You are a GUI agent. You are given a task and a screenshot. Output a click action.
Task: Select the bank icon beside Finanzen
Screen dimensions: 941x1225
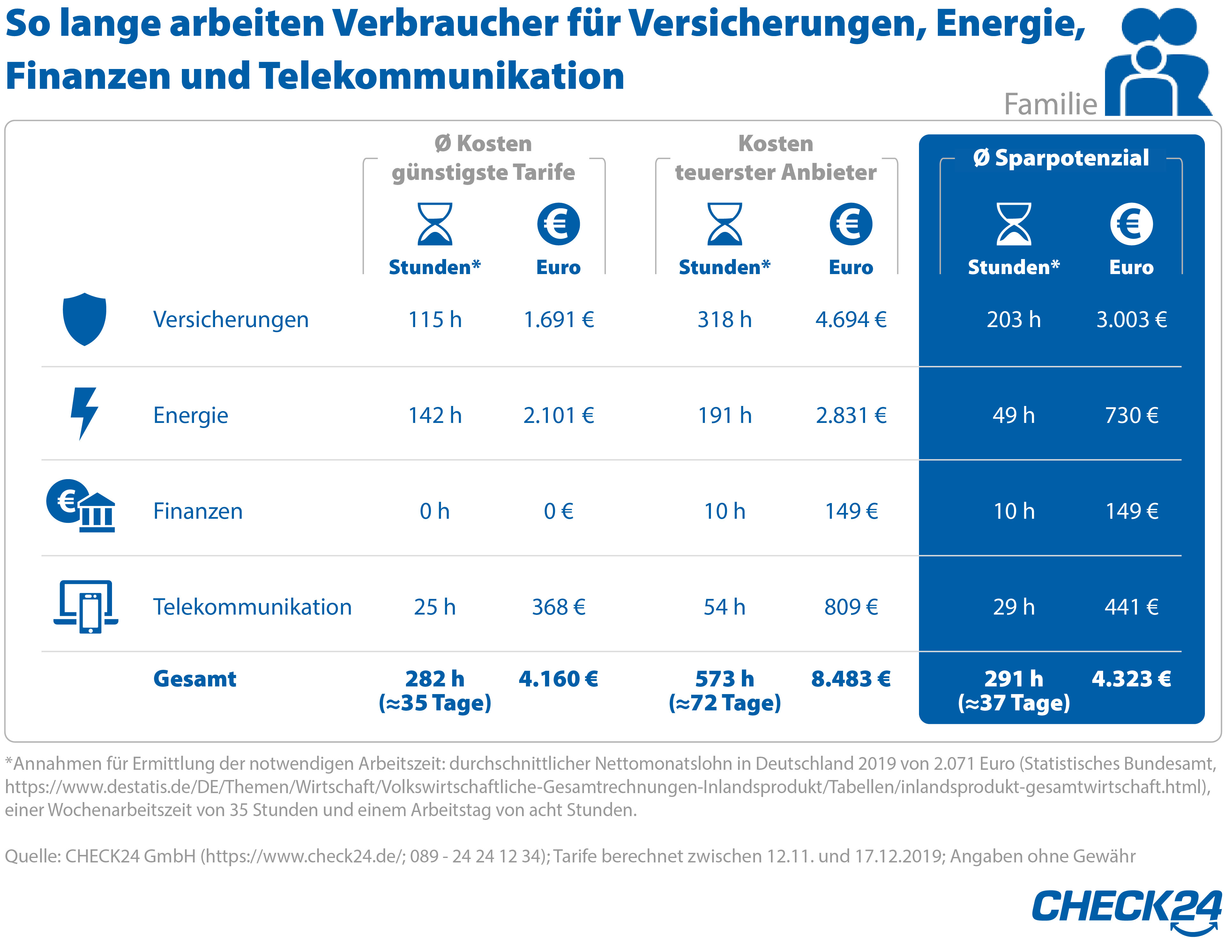pos(81,506)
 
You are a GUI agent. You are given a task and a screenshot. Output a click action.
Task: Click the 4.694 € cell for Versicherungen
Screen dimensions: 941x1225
pos(851,320)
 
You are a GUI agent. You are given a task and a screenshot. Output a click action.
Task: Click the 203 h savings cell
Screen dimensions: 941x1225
pos(1013,320)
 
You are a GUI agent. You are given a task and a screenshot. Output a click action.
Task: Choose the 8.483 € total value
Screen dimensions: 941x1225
pos(851,679)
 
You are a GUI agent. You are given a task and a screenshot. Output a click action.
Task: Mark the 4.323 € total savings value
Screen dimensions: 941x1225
pos(1131,679)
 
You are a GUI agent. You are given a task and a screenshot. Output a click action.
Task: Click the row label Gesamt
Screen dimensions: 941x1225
pos(195,679)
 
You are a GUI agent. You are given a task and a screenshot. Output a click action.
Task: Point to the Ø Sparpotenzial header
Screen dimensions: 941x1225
pos(1061,158)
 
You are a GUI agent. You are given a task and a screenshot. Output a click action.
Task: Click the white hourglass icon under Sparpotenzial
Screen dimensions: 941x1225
pos(1013,224)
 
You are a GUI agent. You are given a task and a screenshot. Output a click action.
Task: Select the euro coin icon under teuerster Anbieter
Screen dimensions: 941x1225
pos(851,224)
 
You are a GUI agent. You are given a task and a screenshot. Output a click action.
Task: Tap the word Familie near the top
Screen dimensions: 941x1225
pos(1050,104)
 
